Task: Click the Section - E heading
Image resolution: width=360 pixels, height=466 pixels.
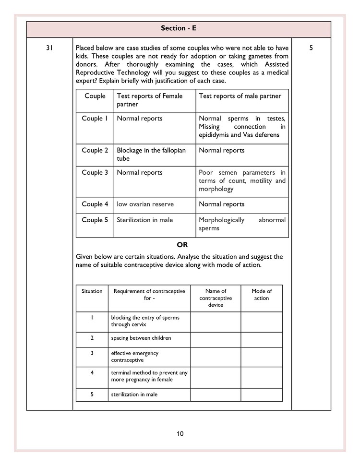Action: click(x=179, y=29)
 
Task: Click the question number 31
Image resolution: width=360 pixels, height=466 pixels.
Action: click(x=49, y=48)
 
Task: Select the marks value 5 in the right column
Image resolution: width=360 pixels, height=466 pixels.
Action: click(x=311, y=48)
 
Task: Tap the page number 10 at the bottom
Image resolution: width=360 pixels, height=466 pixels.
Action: click(x=180, y=434)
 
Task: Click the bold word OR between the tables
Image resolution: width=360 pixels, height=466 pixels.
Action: click(x=182, y=245)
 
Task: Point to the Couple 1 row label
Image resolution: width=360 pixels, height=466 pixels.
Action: click(x=95, y=119)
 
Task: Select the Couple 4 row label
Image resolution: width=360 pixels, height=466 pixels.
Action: click(x=95, y=204)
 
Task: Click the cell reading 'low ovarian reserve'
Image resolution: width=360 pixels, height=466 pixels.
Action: click(x=145, y=204)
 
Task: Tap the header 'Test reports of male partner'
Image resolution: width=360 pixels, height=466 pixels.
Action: click(x=240, y=96)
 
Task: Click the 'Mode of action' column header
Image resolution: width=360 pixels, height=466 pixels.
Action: click(x=262, y=294)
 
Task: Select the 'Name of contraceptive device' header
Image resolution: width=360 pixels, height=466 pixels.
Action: click(x=216, y=298)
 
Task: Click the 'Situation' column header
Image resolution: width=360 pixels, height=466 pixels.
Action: click(x=92, y=291)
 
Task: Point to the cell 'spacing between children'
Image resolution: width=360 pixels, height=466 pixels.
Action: click(x=141, y=338)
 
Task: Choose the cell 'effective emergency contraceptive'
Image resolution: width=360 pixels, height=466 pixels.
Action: click(x=135, y=357)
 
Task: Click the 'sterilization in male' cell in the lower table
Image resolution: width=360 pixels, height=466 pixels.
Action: click(x=134, y=394)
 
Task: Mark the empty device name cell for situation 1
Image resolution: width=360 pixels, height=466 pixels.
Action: click(x=216, y=322)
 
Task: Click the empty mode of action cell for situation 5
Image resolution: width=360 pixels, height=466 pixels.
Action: click(x=262, y=394)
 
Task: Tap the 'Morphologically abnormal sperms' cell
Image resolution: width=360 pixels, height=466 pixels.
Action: click(x=242, y=224)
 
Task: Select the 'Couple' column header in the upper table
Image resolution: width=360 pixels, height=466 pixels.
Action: click(x=95, y=96)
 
